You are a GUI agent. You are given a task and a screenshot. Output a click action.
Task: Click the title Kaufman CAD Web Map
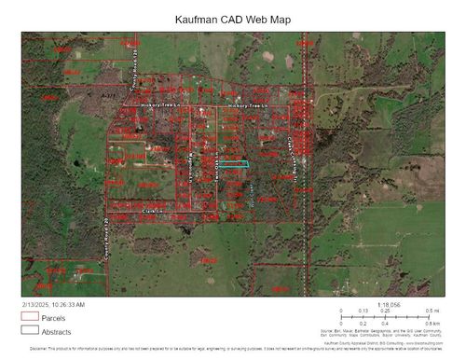click(x=232, y=19)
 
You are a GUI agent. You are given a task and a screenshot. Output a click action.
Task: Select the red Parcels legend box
click(x=30, y=317)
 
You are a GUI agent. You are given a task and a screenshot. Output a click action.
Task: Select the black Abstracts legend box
click(x=30, y=329)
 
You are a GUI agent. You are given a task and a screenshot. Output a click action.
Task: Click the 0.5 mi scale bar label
click(x=432, y=311)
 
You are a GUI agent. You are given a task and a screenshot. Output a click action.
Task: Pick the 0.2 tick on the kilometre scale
click(x=363, y=323)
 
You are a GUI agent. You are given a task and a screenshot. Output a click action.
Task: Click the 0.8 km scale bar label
click(x=432, y=323)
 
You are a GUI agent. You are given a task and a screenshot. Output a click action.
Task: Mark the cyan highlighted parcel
click(x=240, y=164)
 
